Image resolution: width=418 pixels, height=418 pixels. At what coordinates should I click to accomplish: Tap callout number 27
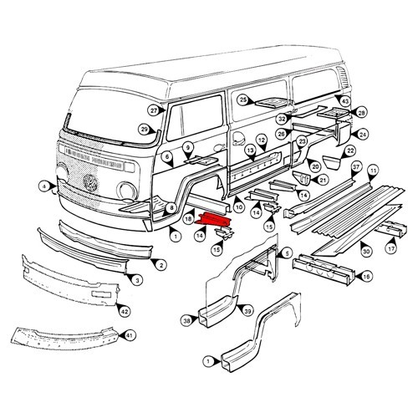click(x=154, y=110)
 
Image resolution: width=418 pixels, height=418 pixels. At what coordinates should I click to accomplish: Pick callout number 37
click(x=355, y=167)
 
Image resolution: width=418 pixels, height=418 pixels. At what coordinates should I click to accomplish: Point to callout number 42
click(x=125, y=312)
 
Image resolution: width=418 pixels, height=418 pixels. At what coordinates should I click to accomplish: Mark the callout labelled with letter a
click(x=43, y=185)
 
